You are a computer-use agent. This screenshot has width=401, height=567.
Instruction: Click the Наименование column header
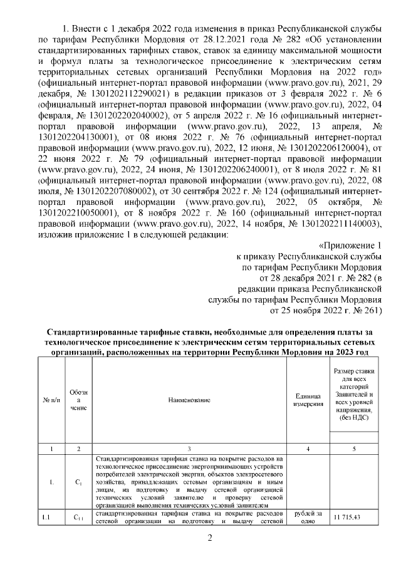point(189,400)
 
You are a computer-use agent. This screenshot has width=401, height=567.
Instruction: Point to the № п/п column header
point(50,400)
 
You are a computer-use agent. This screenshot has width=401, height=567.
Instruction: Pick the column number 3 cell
point(189,449)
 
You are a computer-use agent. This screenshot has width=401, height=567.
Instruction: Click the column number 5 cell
point(355,449)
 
